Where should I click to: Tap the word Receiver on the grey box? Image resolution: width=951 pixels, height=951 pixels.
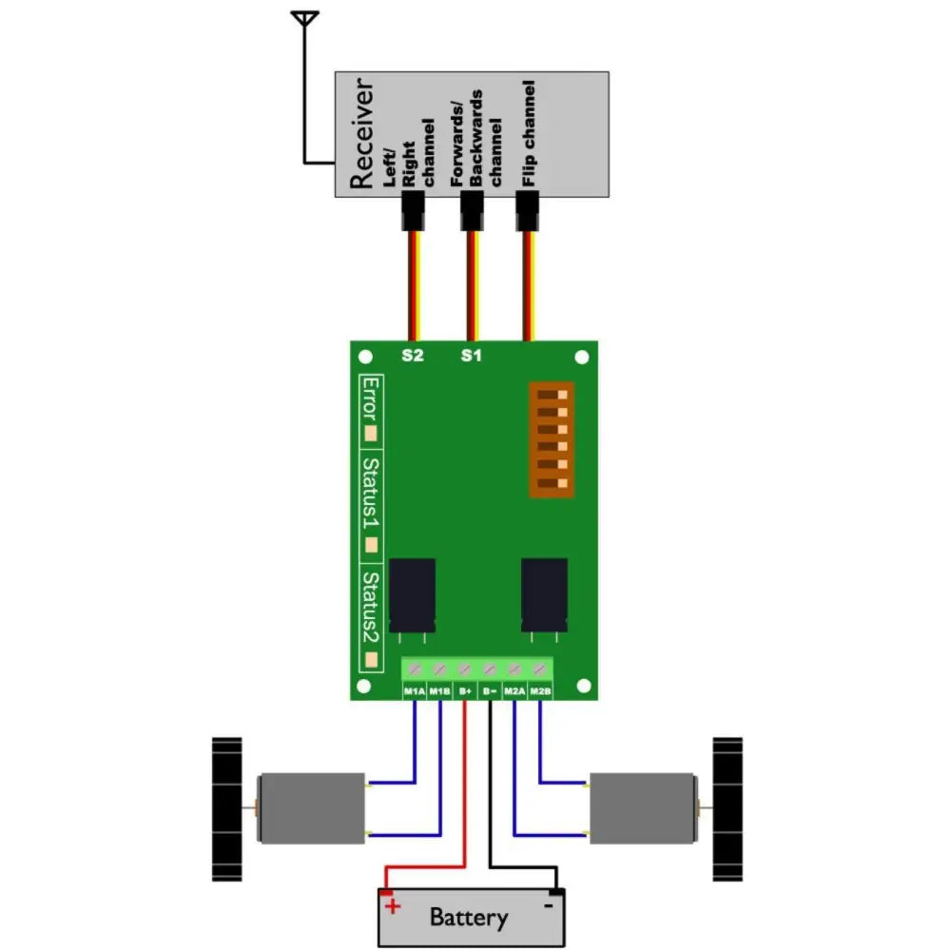(362, 134)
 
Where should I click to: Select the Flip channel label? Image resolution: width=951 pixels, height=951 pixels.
(529, 132)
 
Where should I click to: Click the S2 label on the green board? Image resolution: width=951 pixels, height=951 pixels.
(412, 357)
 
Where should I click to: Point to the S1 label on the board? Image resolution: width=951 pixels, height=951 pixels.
(471, 357)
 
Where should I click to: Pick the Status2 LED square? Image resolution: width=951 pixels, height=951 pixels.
(372, 658)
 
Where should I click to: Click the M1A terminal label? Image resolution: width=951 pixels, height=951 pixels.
(415, 691)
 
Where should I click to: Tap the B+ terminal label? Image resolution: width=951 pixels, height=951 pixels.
(465, 691)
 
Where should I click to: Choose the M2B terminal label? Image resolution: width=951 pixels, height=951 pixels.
(540, 691)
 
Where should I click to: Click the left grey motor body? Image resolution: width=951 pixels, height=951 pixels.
(312, 809)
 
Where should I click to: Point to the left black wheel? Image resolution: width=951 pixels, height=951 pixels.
(226, 807)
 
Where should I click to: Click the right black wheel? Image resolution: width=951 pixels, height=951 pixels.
(728, 807)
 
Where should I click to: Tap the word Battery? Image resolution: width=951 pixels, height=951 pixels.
(468, 918)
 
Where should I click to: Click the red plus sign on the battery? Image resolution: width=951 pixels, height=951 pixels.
(392, 906)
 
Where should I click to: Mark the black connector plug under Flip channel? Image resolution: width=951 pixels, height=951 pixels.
(528, 211)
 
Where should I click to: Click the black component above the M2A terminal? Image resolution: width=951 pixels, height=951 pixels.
(545, 594)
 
